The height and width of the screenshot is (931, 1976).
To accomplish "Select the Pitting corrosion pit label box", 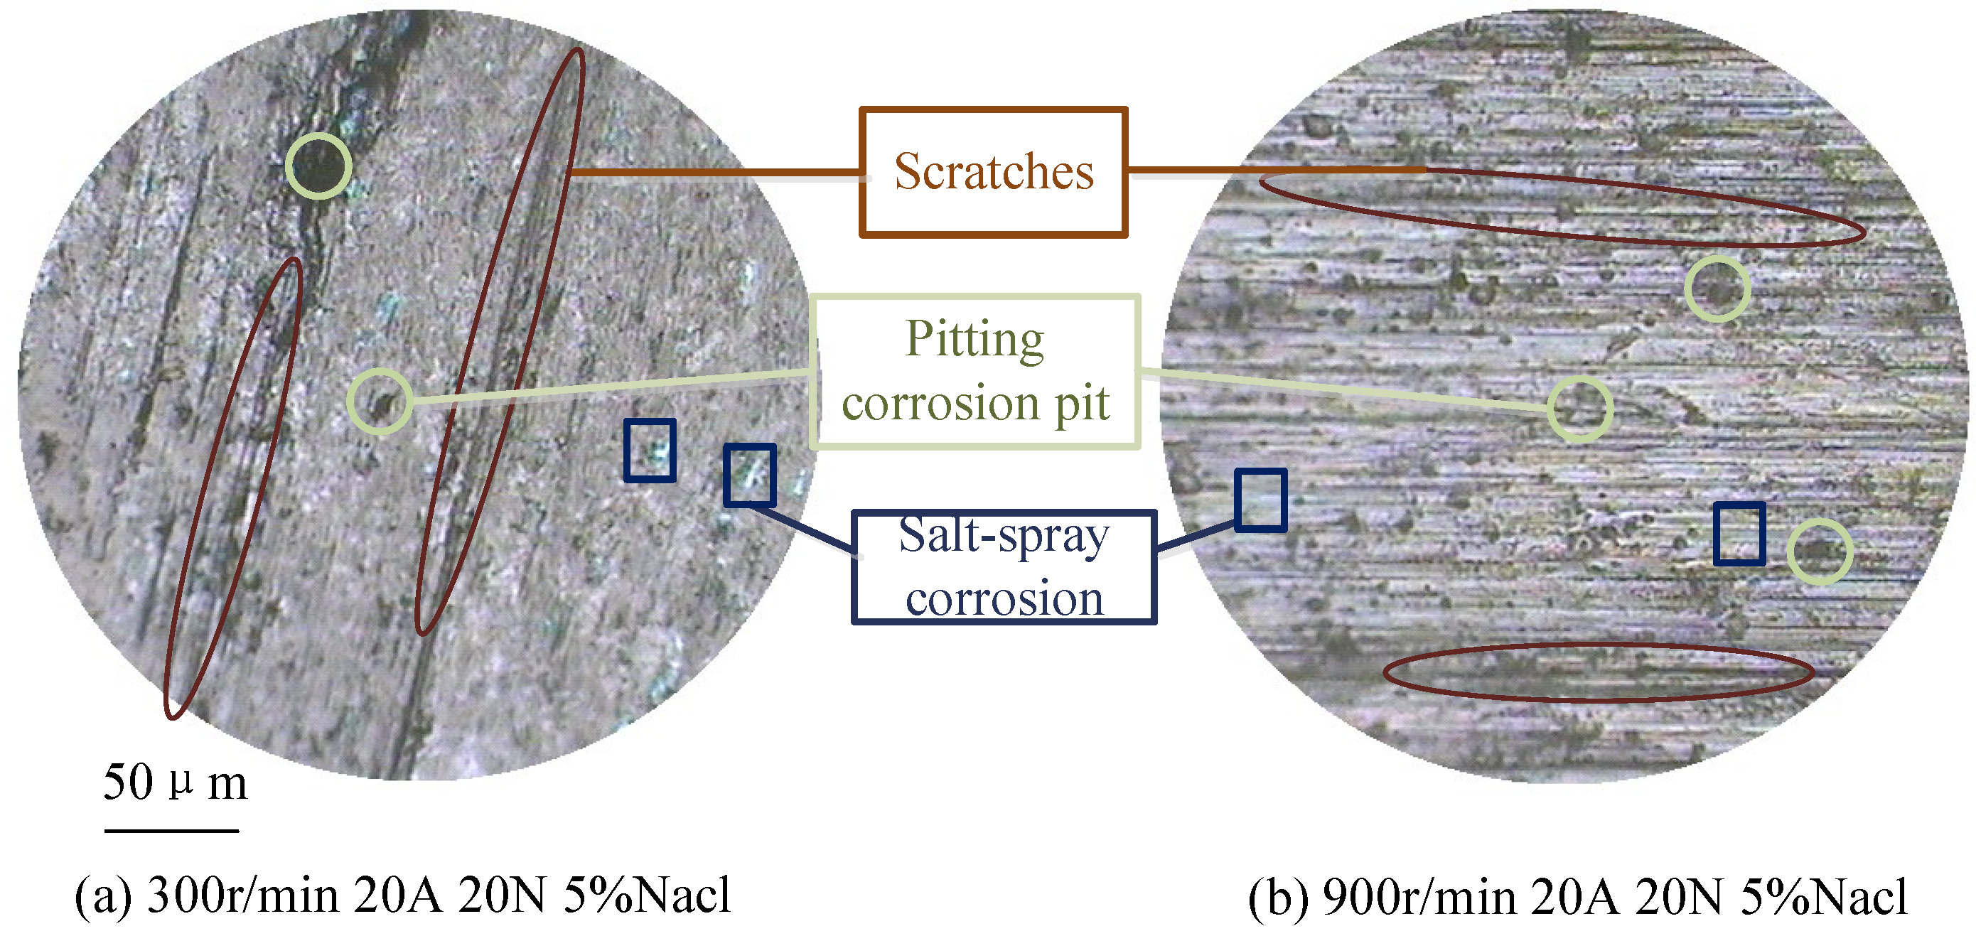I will point(975,371).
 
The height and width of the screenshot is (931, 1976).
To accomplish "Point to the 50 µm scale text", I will point(175,782).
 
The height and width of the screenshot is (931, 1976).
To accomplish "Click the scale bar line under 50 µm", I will point(171,830).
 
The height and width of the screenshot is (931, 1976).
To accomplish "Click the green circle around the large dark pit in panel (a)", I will point(318,166).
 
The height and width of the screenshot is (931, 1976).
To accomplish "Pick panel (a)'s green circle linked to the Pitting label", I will point(380,401).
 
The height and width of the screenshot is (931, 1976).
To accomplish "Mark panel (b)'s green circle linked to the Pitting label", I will point(1579,409).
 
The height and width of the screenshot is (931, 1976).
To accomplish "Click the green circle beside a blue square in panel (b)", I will point(1820,551).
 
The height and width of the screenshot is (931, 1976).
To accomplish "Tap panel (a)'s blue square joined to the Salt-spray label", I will point(749,475).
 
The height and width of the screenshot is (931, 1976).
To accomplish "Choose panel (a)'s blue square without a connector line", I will point(650,450).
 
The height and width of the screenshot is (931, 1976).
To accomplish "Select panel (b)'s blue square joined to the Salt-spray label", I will point(1260,500).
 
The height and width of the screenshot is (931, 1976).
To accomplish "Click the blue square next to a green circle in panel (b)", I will point(1739,534).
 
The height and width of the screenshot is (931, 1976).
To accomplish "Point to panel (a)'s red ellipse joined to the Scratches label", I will point(500,341).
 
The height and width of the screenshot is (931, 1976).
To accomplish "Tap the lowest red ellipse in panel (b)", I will point(1599,672).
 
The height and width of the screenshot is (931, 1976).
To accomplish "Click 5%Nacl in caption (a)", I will point(648,895).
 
